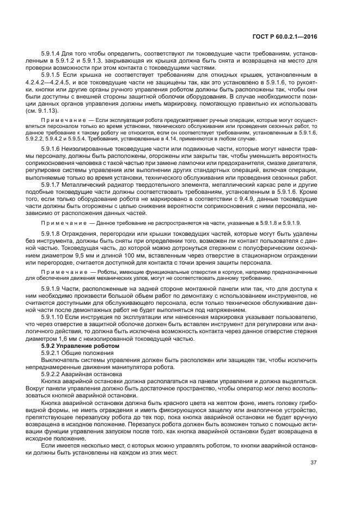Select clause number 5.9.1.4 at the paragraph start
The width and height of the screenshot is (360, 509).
[51, 54]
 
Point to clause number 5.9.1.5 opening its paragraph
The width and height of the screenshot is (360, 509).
[51, 75]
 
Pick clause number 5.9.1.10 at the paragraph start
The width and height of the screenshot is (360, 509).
[53, 317]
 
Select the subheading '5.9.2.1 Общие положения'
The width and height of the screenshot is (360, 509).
[73, 353]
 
